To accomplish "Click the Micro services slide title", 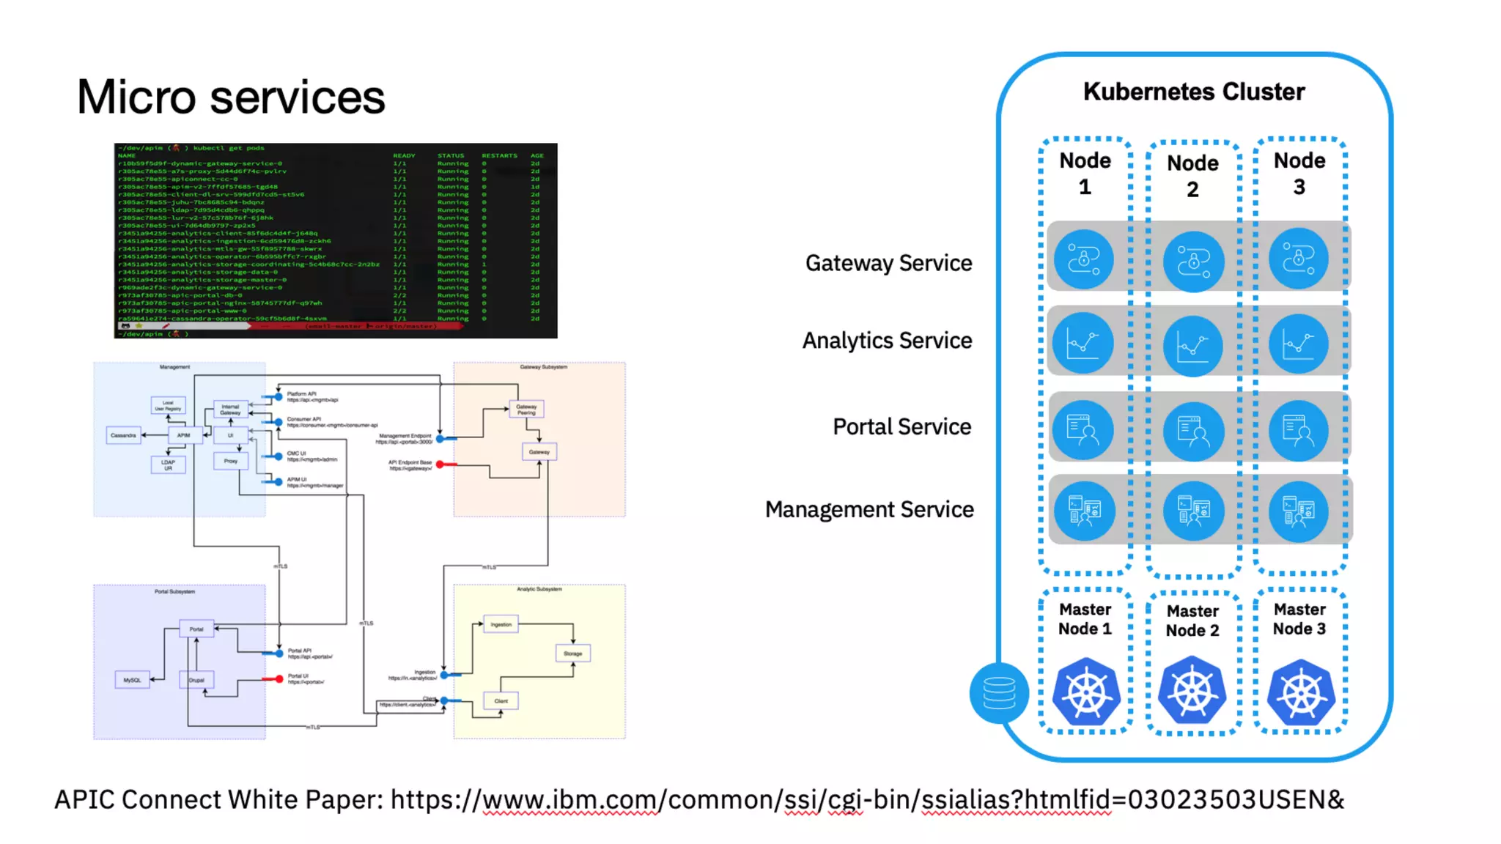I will tap(231, 97).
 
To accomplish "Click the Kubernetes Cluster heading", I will tap(1194, 92).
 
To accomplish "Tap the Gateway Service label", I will tap(888, 263).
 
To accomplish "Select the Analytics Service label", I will tap(887, 341).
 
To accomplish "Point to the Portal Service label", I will tap(901, 426).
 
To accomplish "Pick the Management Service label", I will tap(869, 509).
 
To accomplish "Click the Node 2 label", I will tap(1192, 176).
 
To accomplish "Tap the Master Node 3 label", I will tap(1299, 619).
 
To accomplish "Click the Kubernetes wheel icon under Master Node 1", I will tap(1086, 692).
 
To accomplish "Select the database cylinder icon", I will tap(999, 692).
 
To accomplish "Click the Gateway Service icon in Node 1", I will tap(1084, 259).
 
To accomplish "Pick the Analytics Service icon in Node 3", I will tap(1299, 344).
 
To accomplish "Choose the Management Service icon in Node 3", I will tap(1299, 511).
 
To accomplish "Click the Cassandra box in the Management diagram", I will tap(123, 435).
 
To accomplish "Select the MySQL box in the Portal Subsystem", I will tap(132, 680).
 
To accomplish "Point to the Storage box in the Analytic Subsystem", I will tap(573, 653).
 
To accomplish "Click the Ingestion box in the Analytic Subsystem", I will tap(501, 624).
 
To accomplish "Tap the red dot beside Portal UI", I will tap(279, 679).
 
